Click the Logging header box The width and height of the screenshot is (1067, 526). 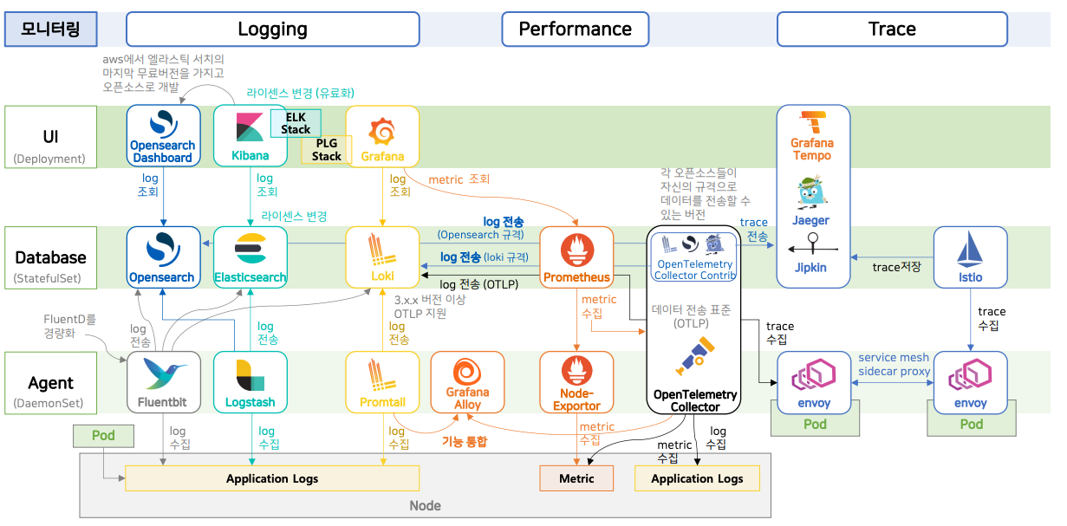click(272, 29)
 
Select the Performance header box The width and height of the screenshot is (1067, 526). click(575, 29)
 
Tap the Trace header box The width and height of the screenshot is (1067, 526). click(892, 29)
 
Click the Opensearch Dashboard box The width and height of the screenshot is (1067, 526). click(163, 135)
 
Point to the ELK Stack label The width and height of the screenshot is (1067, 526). click(296, 123)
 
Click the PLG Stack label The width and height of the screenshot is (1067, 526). click(326, 150)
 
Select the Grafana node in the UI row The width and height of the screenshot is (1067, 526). click(382, 135)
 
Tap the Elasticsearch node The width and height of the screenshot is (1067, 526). click(250, 257)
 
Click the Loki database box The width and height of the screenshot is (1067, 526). click(382, 257)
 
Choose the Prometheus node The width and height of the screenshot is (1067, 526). click(576, 257)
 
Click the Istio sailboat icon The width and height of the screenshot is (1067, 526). click(970, 251)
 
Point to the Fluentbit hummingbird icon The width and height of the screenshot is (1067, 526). click(163, 375)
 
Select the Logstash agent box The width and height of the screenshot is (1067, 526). click(250, 382)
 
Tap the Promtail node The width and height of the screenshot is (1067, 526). click(382, 382)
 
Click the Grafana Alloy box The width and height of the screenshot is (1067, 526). click(467, 382)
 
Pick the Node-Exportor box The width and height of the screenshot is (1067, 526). click(576, 382)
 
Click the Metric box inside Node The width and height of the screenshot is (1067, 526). click(576, 478)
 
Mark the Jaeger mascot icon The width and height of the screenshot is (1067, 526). click(811, 192)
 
